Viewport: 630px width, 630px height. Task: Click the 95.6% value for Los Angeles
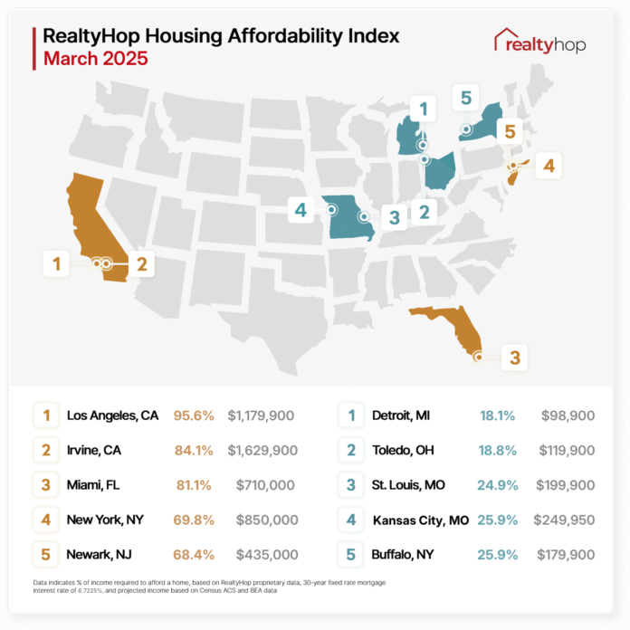pos(195,416)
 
